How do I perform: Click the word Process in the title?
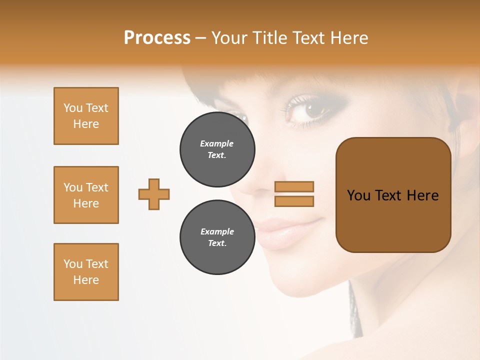(x=157, y=38)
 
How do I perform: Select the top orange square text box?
(x=86, y=116)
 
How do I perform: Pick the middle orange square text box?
(x=86, y=195)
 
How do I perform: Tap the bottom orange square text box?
(x=86, y=272)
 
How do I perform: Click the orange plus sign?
(x=154, y=194)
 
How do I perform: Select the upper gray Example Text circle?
(x=217, y=149)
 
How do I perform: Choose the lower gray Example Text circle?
(x=217, y=237)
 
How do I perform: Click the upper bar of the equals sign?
(x=294, y=187)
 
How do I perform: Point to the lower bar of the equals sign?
(x=294, y=201)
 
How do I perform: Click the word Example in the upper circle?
(x=217, y=143)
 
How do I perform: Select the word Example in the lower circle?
(x=217, y=231)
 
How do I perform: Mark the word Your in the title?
(x=229, y=38)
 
